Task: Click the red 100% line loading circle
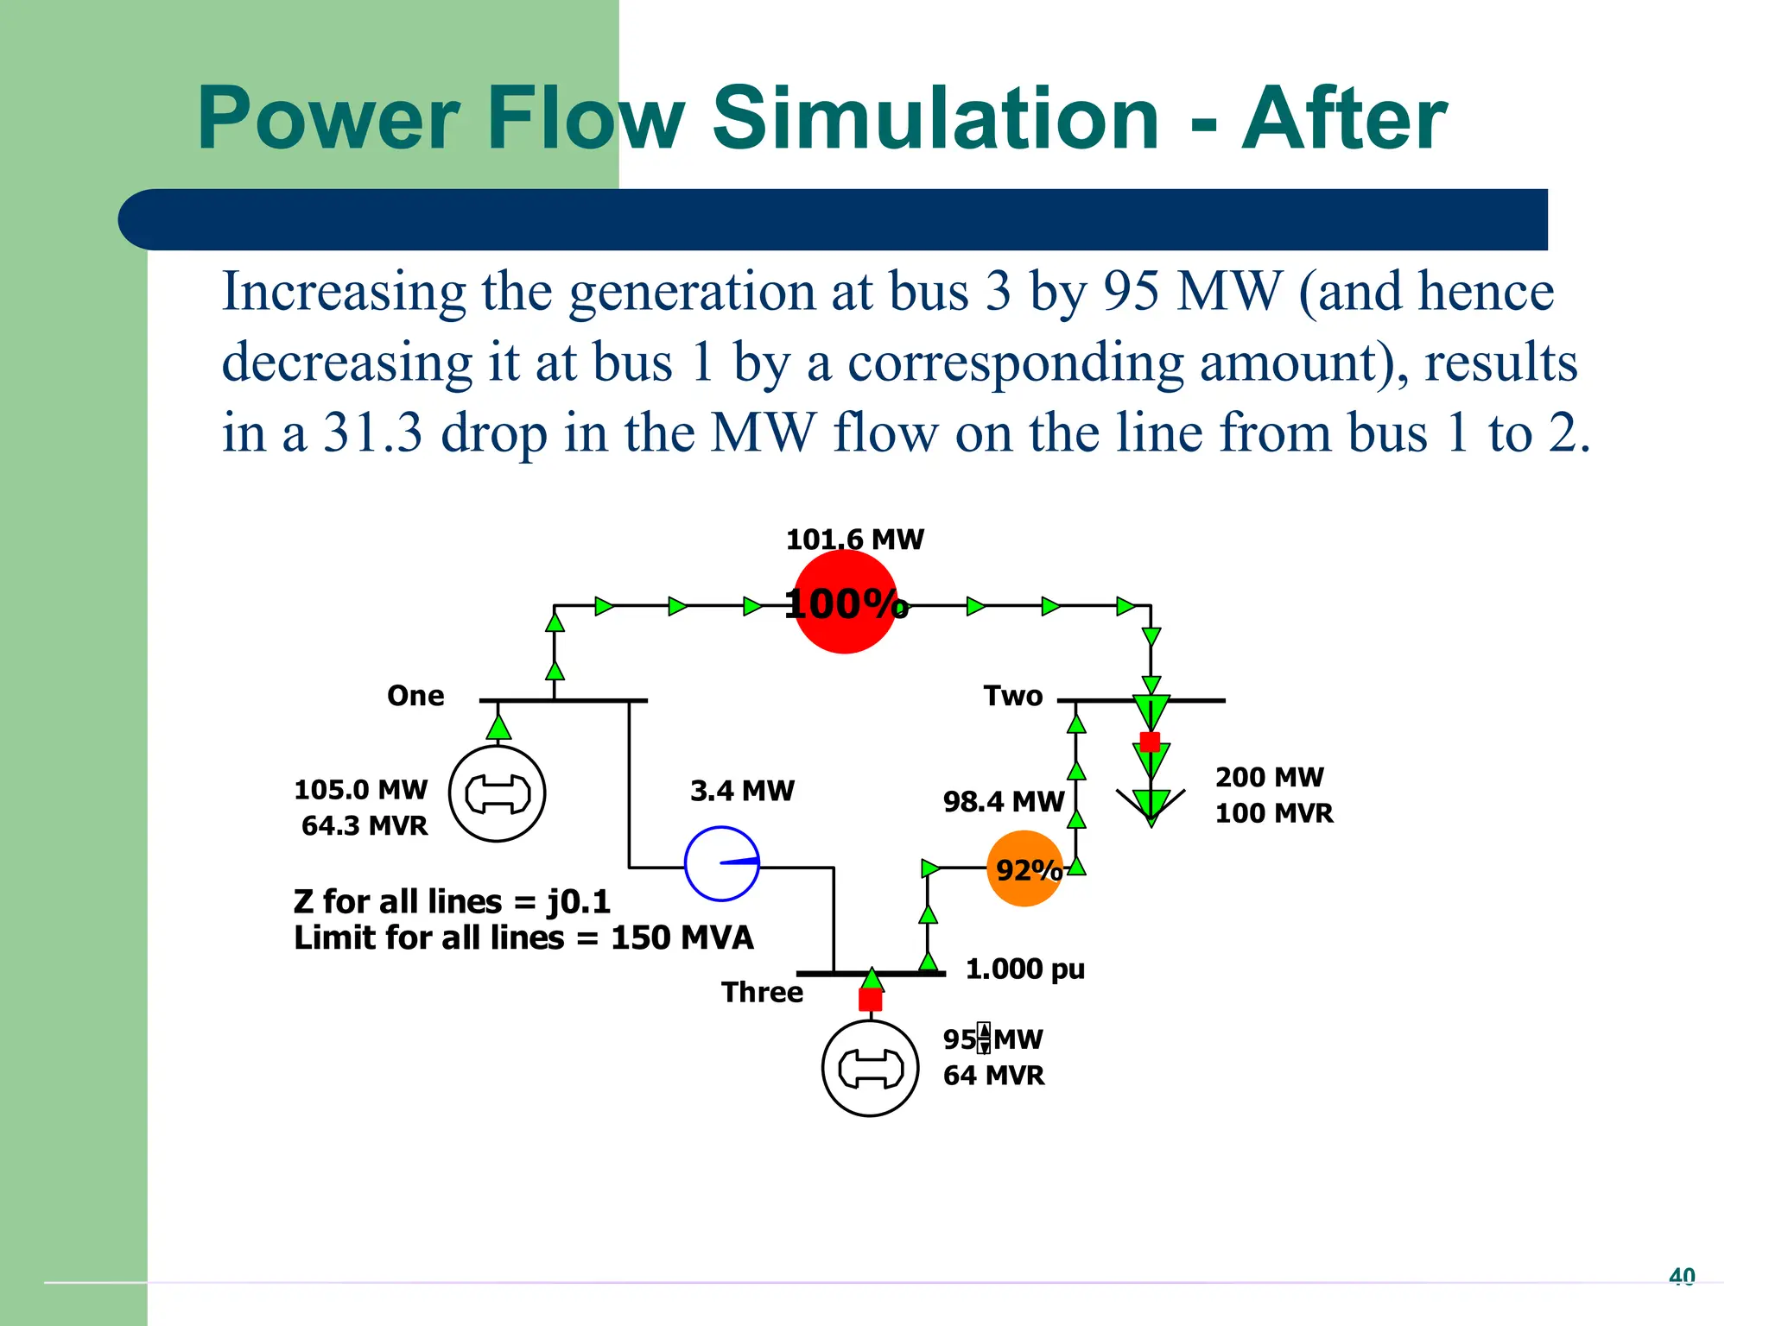845,603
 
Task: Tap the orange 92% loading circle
1024,868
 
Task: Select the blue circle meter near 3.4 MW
722,864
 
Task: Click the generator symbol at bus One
497,793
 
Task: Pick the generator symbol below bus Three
870,1069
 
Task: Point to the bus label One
415,696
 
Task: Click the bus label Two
1013,696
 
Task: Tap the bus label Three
762,993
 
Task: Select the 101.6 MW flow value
854,540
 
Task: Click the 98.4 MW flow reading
1003,802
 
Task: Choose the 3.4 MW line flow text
742,791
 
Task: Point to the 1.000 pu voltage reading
1024,969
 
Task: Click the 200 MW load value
1269,777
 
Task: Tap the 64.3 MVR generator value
365,826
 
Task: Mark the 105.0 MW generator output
361,790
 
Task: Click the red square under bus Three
871,1000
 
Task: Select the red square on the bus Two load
1150,742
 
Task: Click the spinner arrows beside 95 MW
984,1039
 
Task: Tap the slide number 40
1682,1276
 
